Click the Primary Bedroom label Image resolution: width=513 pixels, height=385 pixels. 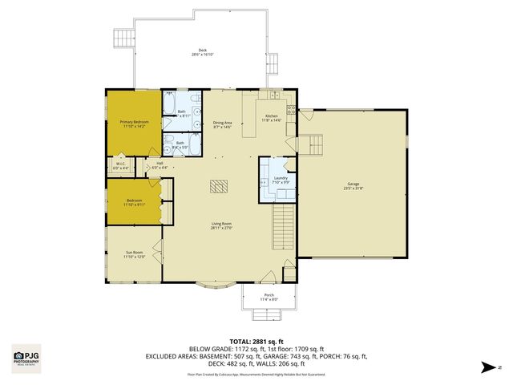click(135, 122)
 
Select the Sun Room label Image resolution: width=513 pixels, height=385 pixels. click(135, 253)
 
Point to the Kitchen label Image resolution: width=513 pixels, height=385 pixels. click(273, 115)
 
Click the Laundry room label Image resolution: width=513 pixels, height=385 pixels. click(280, 180)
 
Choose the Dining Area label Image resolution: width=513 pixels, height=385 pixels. click(224, 122)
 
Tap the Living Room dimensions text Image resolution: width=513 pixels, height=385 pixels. click(222, 228)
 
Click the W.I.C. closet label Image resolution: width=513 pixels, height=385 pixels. click(120, 164)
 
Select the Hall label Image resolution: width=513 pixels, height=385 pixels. click(160, 164)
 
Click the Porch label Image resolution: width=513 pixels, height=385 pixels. click(269, 295)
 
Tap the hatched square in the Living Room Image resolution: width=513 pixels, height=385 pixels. click(219, 187)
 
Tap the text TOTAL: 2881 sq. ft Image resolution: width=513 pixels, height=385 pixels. click(256, 341)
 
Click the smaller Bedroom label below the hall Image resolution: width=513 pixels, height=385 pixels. click(134, 201)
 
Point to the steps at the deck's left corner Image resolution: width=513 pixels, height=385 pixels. click(123, 38)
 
